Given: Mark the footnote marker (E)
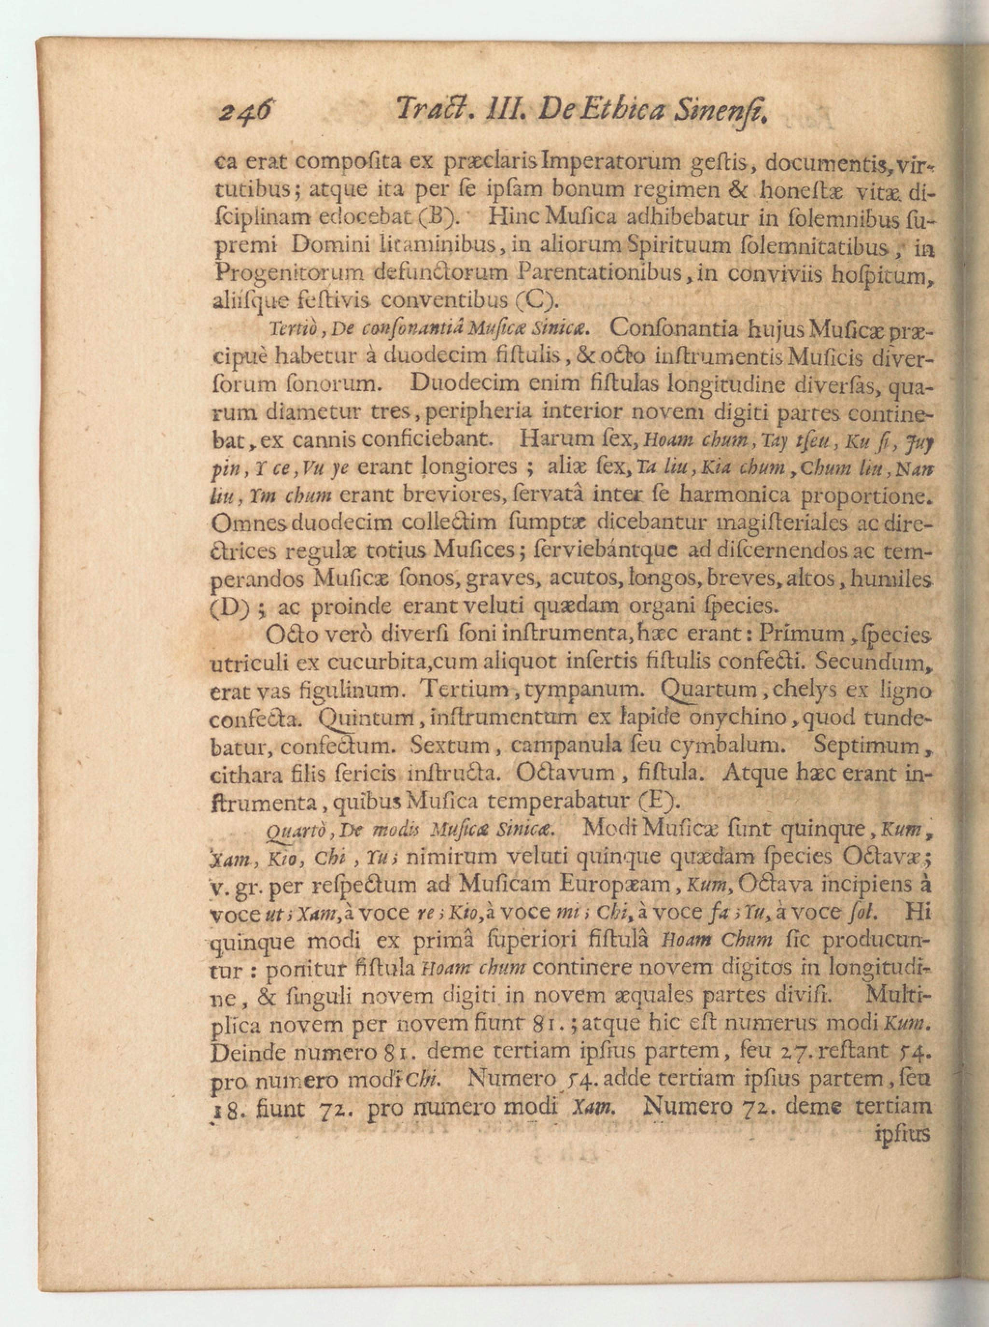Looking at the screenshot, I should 657,800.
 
